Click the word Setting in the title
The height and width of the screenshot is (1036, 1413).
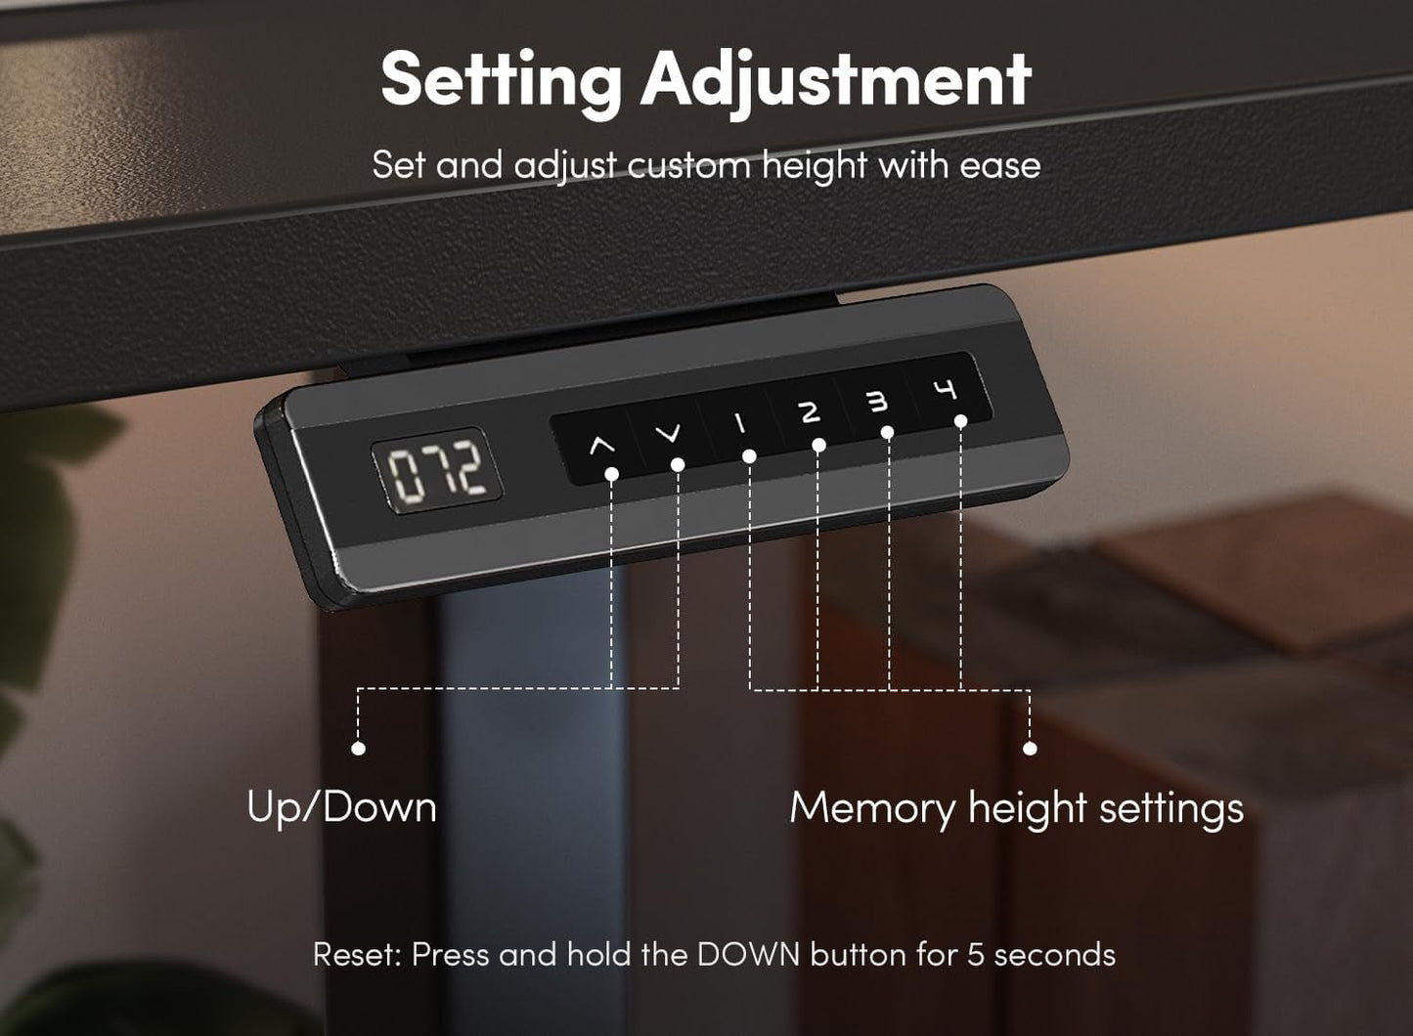(501, 79)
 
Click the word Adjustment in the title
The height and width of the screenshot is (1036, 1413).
(836, 79)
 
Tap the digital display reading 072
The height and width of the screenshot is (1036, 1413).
(436, 470)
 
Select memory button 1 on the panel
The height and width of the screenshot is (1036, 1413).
(739, 422)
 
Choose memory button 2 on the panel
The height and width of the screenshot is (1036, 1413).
(809, 411)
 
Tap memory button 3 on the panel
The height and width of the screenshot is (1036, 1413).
(877, 401)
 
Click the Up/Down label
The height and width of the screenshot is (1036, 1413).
(341, 807)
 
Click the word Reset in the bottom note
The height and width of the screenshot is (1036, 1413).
(356, 954)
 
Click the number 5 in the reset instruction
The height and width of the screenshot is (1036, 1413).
(975, 954)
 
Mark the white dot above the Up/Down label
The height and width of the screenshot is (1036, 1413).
(358, 748)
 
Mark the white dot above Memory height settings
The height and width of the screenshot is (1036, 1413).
(1029, 748)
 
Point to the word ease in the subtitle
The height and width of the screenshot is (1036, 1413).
(999, 165)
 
